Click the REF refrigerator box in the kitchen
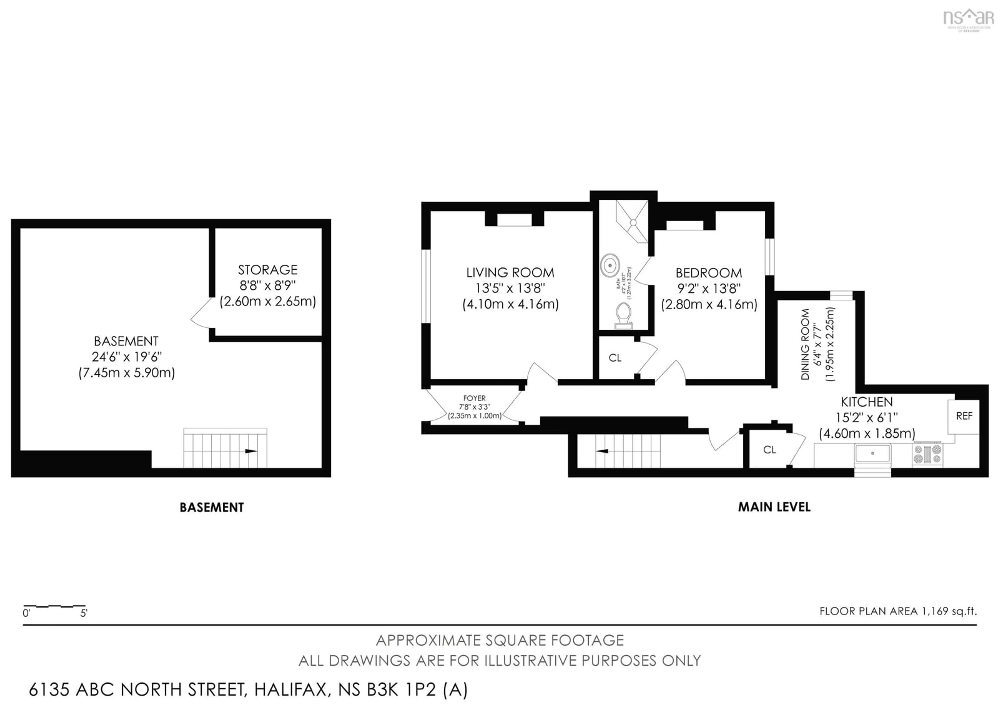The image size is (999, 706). click(x=964, y=416)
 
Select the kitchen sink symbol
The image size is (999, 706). click(x=872, y=453)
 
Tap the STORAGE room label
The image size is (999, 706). click(x=268, y=270)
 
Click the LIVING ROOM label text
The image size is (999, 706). click(x=510, y=273)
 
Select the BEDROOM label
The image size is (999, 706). click(x=708, y=273)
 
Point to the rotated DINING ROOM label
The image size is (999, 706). click(x=805, y=344)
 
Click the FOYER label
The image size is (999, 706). click(x=474, y=398)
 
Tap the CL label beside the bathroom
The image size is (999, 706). click(x=615, y=358)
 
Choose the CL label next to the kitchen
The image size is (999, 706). click(x=769, y=450)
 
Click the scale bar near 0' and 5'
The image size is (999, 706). click(x=54, y=606)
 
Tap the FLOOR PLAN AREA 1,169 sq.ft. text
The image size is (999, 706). click(x=898, y=611)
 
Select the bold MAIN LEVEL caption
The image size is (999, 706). click(x=774, y=507)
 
